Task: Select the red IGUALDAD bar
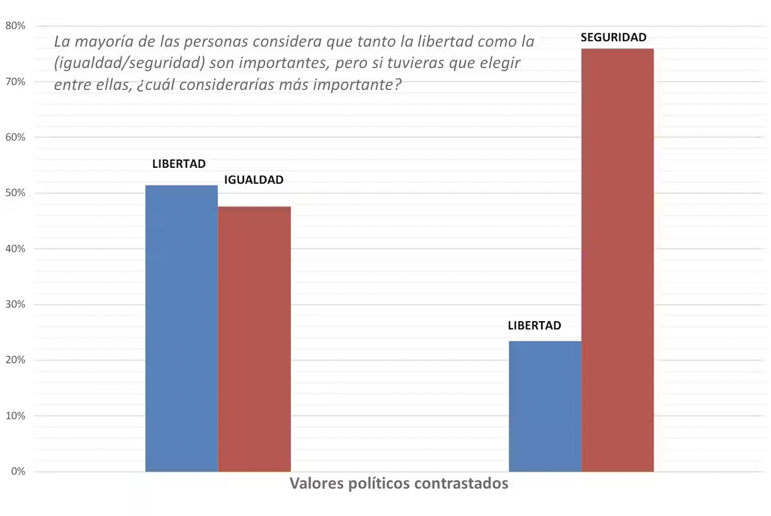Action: coord(254,339)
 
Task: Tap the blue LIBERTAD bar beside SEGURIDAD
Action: coord(545,406)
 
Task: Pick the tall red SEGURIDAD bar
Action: coord(617,260)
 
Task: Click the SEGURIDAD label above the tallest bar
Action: coord(613,37)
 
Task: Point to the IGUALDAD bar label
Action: coord(254,179)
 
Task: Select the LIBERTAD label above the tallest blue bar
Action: coord(179,164)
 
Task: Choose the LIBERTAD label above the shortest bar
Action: coord(534,325)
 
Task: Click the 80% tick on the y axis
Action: coord(15,25)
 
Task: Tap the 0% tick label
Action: coord(18,471)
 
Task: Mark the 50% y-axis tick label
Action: coord(15,193)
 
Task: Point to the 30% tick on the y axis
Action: coord(15,304)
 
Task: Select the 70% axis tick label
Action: coord(15,82)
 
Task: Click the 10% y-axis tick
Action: coord(15,416)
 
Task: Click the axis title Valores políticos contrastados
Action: coord(399,483)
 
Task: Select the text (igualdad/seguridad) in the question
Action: coord(129,63)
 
